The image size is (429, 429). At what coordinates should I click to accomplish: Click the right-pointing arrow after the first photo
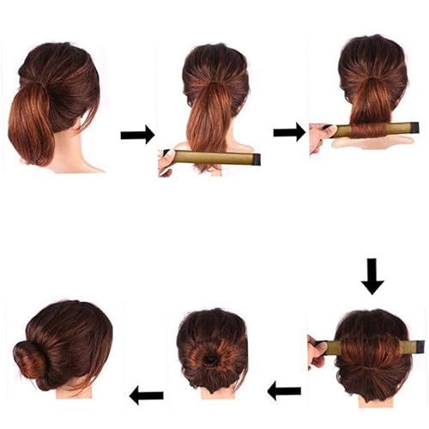pos(137,134)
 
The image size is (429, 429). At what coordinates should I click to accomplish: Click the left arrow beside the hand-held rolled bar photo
pos(284,391)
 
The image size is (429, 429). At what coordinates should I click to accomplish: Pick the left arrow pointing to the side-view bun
pos(146,395)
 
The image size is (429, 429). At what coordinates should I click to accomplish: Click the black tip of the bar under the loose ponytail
pos(256,160)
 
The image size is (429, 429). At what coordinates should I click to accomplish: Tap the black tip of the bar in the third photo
pos(414,129)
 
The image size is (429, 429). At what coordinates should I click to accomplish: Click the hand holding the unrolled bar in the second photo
pos(167,160)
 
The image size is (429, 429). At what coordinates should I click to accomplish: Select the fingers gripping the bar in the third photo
pos(321,134)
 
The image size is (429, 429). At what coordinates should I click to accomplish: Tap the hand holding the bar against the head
pos(316,352)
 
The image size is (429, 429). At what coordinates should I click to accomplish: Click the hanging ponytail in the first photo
pos(33,124)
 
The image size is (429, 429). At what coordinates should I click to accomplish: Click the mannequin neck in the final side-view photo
pos(74,390)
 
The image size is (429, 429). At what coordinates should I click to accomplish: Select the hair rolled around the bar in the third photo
pos(368,130)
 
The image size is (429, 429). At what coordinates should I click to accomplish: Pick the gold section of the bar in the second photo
pos(214,158)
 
